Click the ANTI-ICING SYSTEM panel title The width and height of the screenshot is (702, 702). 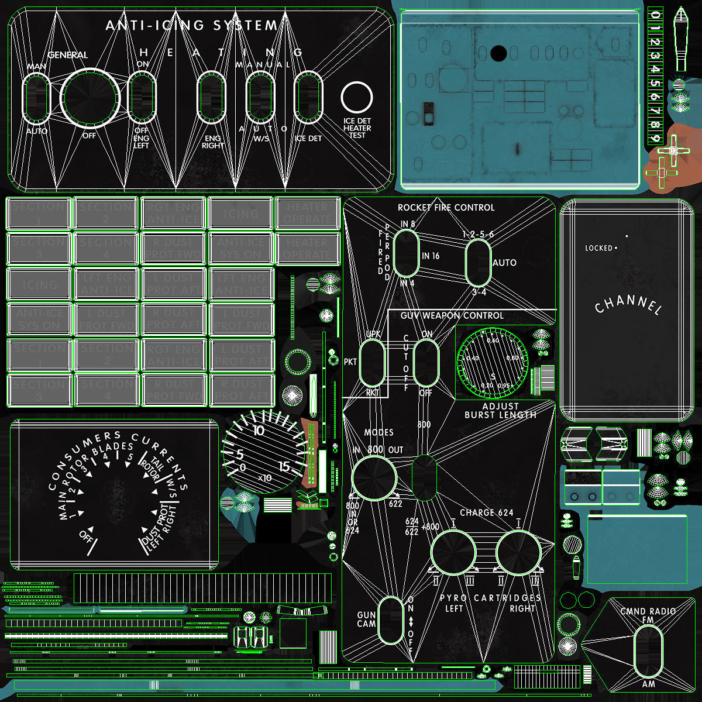192,26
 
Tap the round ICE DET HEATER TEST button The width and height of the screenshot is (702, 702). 357,98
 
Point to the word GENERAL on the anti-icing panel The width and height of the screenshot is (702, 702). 68,55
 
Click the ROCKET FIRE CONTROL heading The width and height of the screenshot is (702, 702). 446,208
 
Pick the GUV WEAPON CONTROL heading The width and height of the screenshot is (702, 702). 452,316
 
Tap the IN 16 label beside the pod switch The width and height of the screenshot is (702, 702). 431,256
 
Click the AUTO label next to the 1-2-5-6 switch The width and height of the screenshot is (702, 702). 504,263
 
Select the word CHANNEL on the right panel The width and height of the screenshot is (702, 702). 628,305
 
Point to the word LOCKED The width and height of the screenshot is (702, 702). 598,248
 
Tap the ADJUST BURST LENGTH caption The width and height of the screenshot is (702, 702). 500,411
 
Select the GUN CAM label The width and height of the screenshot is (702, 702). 366,620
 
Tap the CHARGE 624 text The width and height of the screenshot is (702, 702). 486,512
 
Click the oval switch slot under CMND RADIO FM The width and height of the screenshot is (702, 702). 648,650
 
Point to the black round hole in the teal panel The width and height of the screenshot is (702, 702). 498,54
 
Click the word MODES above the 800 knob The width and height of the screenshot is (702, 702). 379,432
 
